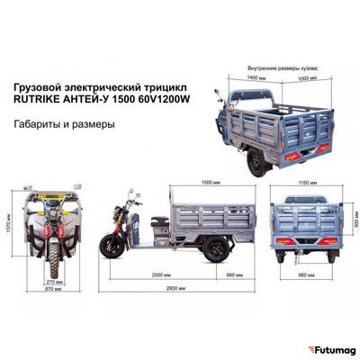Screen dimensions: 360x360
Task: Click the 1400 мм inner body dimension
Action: click(x=256, y=78)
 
